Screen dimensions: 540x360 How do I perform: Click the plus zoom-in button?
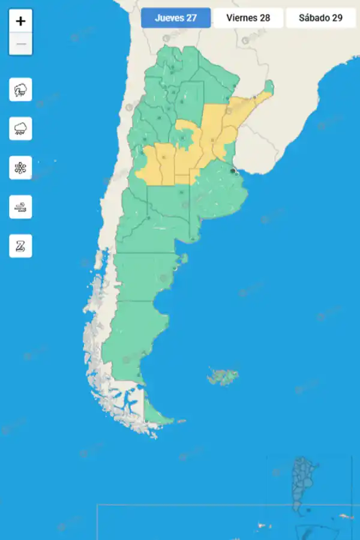pos(20,21)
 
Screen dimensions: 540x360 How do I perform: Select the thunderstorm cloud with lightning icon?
pos(20,90)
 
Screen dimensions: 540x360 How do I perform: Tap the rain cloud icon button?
pos(20,128)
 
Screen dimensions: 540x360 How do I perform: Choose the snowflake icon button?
pos(20,167)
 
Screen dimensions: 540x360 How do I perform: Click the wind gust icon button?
pos(20,207)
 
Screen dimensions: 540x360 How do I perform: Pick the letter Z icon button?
pos(20,246)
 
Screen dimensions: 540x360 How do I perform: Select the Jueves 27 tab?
pos(176,17)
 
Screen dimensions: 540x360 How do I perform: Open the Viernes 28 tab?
pos(248,17)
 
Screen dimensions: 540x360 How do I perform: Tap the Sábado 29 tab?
pos(320,17)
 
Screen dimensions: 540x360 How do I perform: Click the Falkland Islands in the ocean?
pos(224,377)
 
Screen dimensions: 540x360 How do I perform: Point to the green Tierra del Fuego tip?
pos(155,413)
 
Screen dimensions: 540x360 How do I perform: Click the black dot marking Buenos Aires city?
pos(233,171)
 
